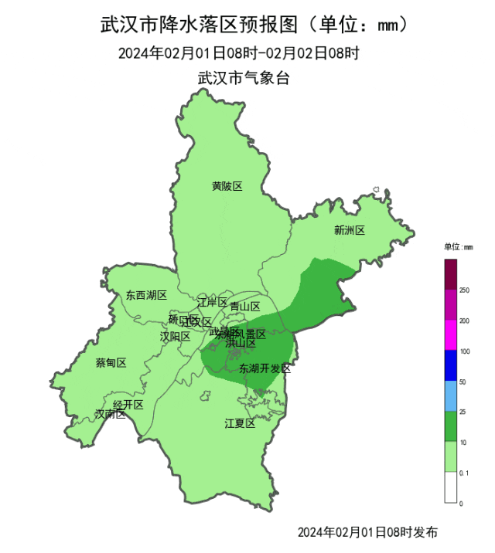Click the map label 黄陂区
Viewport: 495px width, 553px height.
coord(227,186)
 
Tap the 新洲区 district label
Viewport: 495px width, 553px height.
coord(349,230)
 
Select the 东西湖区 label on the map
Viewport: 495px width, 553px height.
coord(146,295)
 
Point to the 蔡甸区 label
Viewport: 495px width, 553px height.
coord(111,362)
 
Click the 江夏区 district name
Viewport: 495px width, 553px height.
coord(240,422)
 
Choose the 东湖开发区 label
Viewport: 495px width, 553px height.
coord(265,368)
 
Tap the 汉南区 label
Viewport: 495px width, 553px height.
coord(110,414)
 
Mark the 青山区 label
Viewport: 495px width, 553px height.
coord(245,306)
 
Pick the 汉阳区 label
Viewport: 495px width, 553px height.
coord(175,336)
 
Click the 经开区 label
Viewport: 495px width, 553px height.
coord(128,405)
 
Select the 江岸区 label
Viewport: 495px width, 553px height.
coord(212,301)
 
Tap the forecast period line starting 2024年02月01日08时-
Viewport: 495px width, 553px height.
coord(239,53)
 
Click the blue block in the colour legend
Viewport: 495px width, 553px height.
coord(450,366)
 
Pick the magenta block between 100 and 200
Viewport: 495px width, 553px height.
coord(450,336)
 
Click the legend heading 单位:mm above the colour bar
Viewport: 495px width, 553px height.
coord(458,247)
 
